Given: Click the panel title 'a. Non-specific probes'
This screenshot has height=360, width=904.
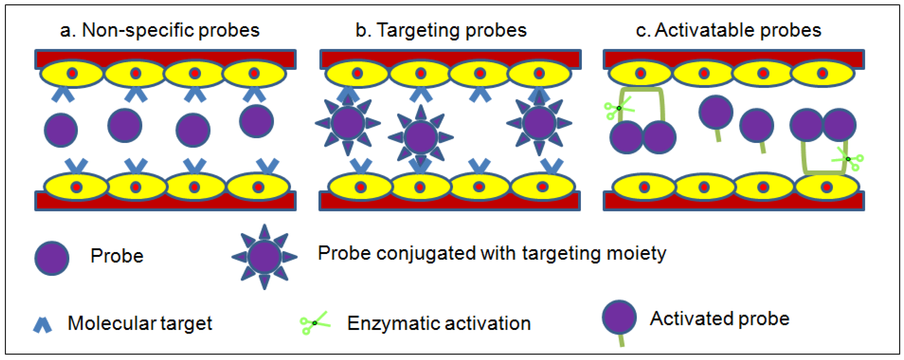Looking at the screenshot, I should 160,30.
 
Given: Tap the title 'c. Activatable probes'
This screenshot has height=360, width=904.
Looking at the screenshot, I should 728,30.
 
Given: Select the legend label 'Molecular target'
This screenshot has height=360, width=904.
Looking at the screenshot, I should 140,323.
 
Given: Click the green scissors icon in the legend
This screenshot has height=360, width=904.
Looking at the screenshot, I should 314,322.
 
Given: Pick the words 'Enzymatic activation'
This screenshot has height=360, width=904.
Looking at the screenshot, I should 439,323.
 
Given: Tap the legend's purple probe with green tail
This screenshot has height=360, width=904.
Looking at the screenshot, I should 619,318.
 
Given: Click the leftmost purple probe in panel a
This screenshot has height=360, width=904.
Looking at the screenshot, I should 61,130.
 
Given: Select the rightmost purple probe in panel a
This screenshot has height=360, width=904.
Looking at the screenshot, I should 256,121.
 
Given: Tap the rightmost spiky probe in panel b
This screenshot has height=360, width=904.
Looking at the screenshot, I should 539,123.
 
